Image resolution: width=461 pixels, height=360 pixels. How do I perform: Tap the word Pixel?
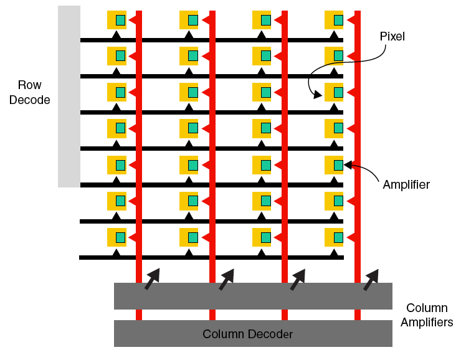tap(392, 37)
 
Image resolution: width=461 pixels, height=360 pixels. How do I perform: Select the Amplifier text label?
tap(406, 185)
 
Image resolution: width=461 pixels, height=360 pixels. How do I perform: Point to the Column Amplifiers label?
tap(427, 315)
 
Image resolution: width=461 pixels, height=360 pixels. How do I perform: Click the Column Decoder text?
tap(247, 334)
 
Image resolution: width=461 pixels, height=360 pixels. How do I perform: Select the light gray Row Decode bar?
tap(69, 97)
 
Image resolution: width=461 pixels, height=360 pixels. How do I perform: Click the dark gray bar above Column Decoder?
tap(253, 296)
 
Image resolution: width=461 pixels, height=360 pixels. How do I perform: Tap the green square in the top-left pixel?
tap(120, 20)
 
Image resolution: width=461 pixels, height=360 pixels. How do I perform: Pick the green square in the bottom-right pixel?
tap(338, 237)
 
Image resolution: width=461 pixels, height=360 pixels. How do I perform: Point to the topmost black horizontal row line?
tap(212, 40)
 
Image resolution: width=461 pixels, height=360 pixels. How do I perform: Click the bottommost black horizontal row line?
tap(212, 257)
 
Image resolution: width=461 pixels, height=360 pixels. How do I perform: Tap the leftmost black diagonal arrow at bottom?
tap(151, 279)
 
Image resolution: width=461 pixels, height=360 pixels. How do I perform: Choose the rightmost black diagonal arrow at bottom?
tap(371, 279)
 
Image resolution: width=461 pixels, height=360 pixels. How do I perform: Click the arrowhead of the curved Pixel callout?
tap(318, 95)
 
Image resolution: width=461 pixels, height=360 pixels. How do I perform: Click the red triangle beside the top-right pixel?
tap(351, 20)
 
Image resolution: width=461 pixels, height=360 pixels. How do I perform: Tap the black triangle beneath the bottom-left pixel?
tap(116, 252)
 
